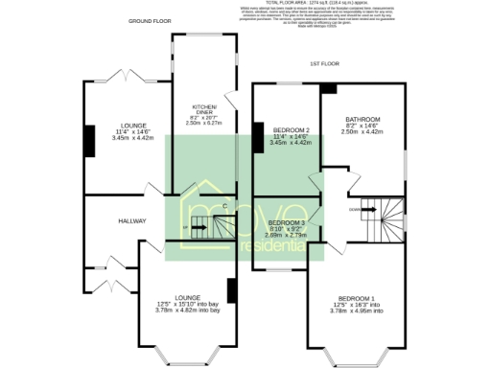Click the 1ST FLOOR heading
pyautogui.click(x=324, y=63)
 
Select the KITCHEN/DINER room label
pyautogui.click(x=203, y=109)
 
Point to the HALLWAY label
pyautogui.click(x=131, y=221)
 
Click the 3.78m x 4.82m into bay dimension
pyautogui.click(x=188, y=310)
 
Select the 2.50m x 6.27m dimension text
pyautogui.click(x=203, y=123)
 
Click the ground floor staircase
pyautogui.click(x=212, y=227)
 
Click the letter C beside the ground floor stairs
pyautogui.click(x=224, y=206)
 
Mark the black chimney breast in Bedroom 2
pyautogui.click(x=258, y=136)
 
